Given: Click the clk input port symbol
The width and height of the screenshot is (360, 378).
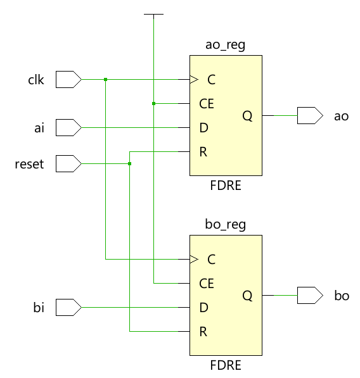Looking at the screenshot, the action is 68,79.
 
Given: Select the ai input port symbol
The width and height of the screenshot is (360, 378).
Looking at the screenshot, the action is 68,127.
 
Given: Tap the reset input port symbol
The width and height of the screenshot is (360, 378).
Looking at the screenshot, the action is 68,164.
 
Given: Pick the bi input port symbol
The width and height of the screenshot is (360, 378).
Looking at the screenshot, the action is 68,307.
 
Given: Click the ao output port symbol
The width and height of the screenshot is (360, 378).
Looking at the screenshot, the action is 310,115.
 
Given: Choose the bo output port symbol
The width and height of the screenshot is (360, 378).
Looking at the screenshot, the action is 310,295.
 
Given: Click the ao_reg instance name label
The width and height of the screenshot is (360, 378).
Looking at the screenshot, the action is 226,46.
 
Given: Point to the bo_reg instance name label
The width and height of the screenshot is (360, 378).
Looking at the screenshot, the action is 226,225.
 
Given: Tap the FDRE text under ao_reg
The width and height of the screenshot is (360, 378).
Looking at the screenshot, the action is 226,186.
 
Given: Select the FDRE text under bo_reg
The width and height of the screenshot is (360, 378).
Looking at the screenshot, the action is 226,365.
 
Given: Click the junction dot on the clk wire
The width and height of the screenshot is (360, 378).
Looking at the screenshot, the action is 105,79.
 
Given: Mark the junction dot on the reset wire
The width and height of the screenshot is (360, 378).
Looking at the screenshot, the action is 129,164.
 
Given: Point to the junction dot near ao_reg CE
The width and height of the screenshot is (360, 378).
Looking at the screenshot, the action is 154,103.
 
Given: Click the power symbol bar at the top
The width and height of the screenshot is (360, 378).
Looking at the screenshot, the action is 154,14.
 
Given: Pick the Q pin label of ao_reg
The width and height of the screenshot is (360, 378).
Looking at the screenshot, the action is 247,116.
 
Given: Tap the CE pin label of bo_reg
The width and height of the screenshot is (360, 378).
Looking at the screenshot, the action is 207,284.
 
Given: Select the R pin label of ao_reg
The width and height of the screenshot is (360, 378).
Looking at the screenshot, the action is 203,152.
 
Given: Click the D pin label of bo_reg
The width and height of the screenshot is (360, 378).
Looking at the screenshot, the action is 204,308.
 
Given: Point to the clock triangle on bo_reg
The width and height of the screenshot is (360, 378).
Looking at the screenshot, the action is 194,259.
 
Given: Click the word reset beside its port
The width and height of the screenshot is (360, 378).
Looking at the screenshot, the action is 29,164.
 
